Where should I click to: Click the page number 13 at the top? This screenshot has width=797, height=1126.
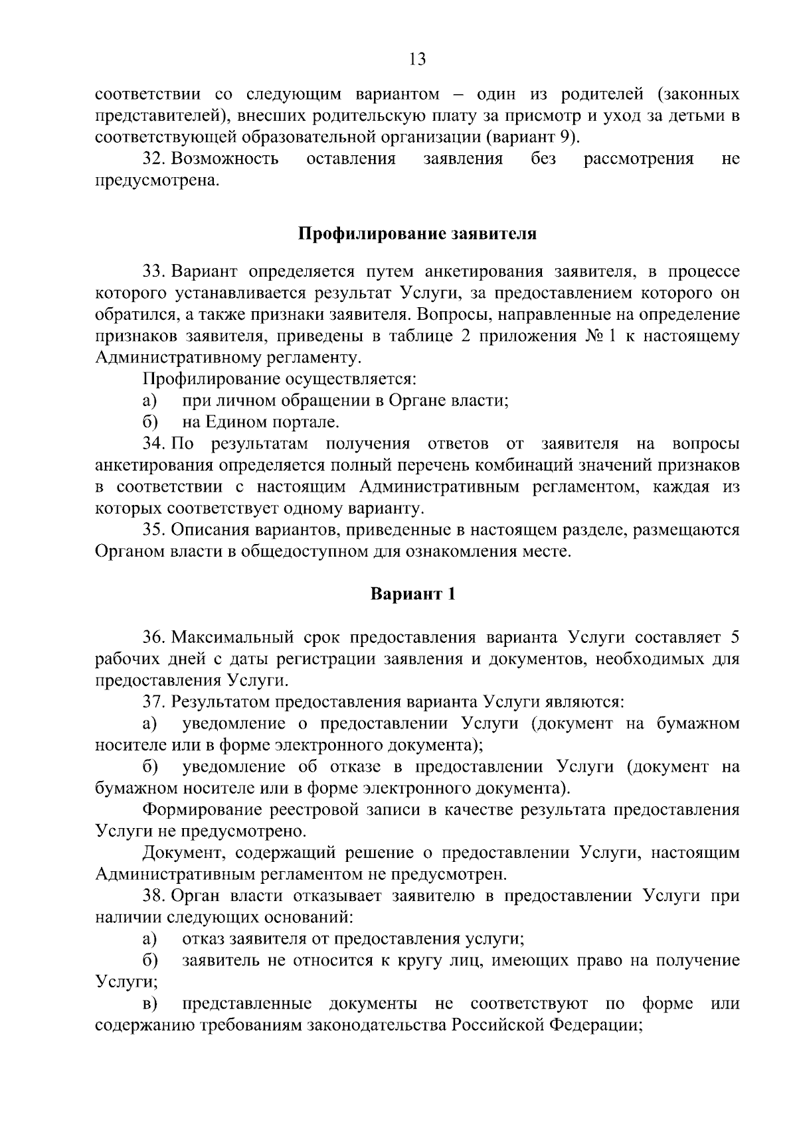click(417, 60)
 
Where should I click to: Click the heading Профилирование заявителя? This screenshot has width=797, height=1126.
click(416, 234)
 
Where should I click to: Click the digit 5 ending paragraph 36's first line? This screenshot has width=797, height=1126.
click(735, 638)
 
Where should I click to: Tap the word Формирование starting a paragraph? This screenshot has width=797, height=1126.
click(201, 809)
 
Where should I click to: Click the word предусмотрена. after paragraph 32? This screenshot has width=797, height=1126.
click(157, 181)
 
